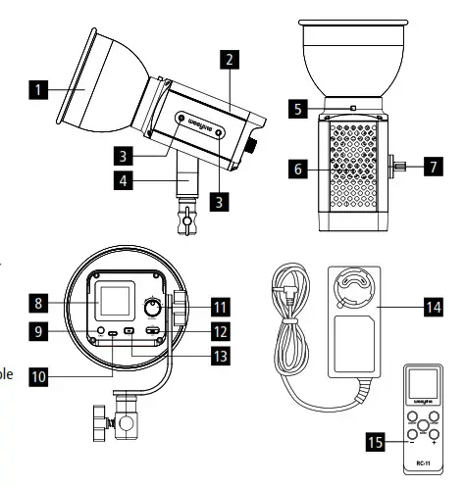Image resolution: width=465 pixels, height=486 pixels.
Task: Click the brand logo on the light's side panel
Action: coord(198,124)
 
